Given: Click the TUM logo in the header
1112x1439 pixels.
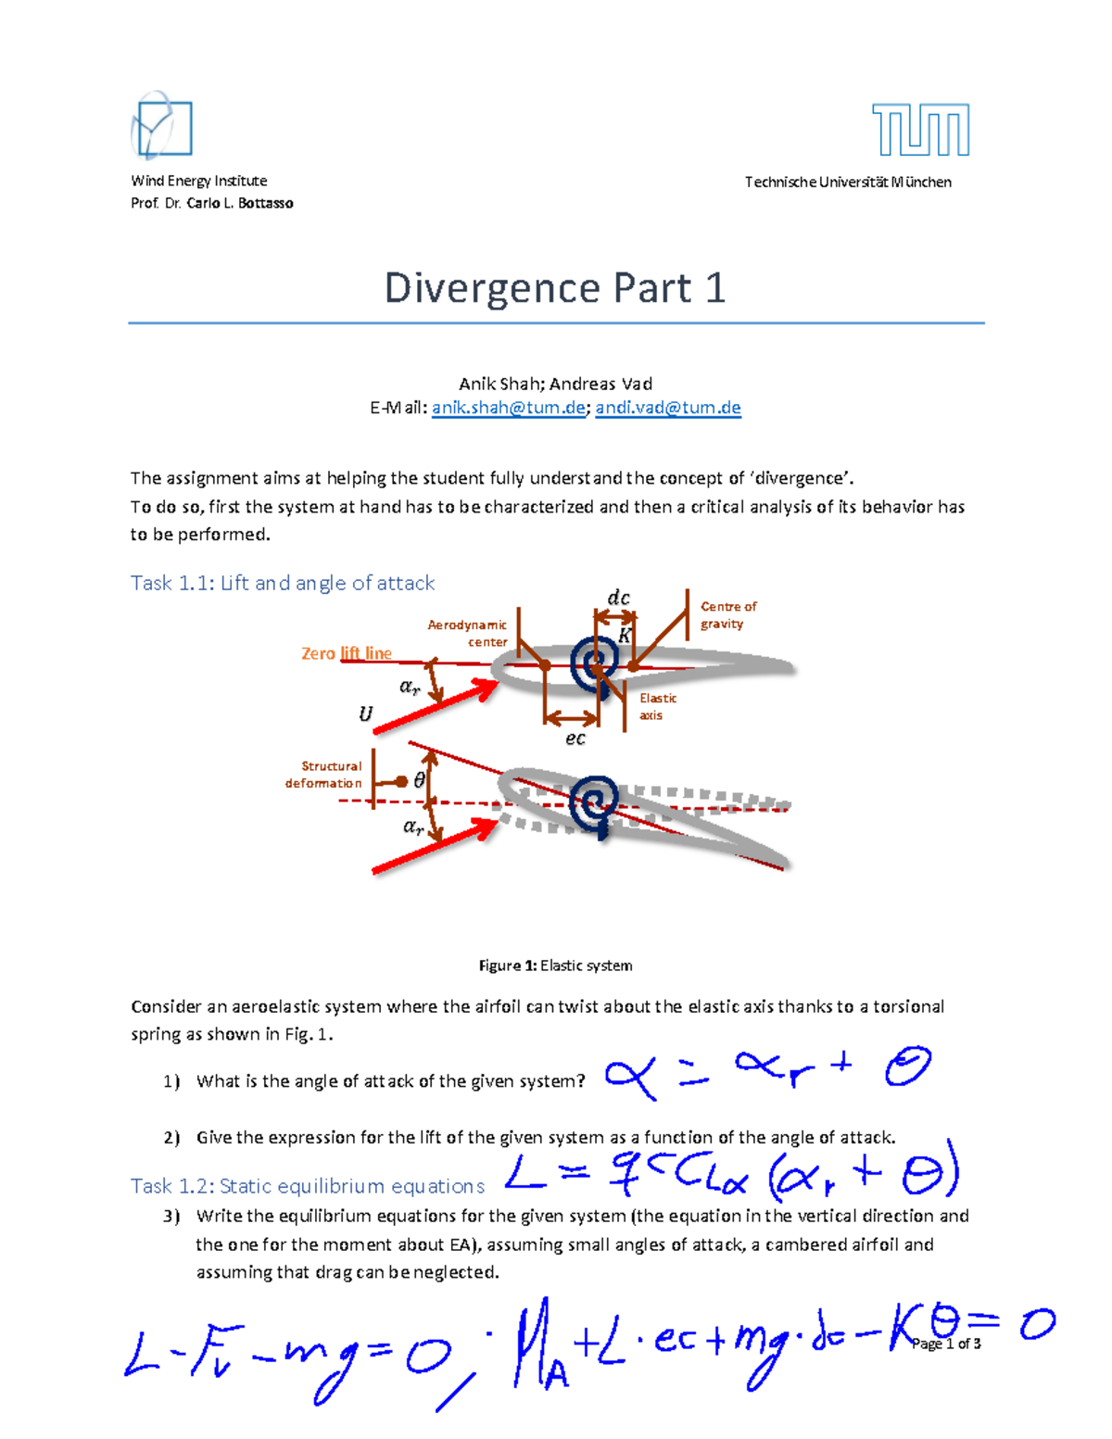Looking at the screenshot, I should (x=920, y=130).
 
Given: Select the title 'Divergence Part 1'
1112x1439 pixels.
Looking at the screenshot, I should (x=554, y=288).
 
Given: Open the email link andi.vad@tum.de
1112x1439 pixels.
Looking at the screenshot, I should (x=668, y=408).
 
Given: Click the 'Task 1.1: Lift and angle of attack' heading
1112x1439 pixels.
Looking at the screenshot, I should (x=283, y=583).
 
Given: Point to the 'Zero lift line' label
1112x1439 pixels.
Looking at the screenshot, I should (x=346, y=653).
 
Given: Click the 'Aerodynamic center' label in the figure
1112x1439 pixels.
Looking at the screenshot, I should (x=468, y=634).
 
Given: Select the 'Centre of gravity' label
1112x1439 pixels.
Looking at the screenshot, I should (x=727, y=615).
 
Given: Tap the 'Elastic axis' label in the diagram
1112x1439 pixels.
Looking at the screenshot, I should (x=657, y=706).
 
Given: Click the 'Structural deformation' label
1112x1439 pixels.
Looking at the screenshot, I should (x=324, y=775).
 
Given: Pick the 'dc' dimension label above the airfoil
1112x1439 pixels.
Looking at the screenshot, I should (x=618, y=599).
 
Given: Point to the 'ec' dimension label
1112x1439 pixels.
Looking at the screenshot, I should (x=575, y=738).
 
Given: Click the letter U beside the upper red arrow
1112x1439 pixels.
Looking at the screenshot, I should (x=365, y=713).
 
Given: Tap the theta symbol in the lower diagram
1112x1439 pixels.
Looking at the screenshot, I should (x=420, y=781).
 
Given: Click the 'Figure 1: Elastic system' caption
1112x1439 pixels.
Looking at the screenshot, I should (x=555, y=966).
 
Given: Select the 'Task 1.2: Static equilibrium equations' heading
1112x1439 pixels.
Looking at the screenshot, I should (x=308, y=1186).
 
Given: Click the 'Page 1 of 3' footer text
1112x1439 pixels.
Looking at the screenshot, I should (x=946, y=1344).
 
